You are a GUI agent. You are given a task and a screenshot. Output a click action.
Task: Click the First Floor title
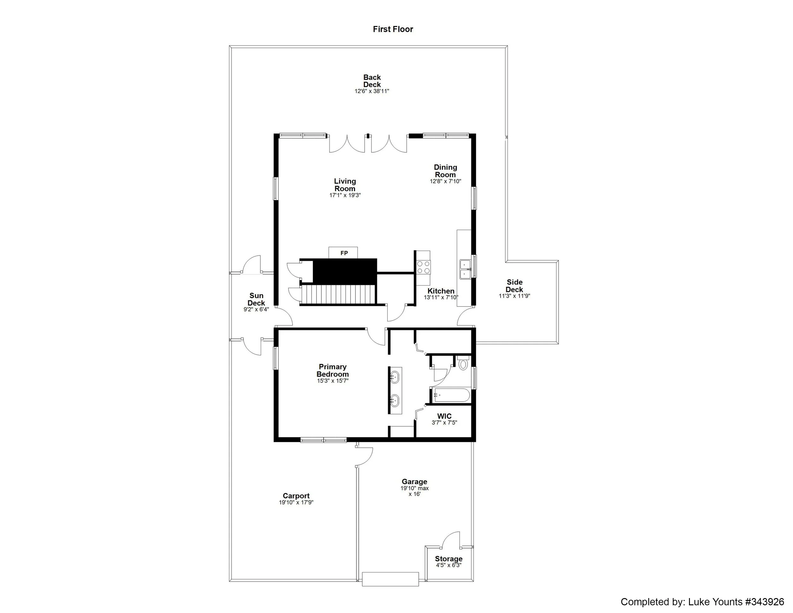tap(393, 30)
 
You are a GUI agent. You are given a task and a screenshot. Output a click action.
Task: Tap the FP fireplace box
tap(344, 253)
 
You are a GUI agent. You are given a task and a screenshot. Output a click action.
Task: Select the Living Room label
tap(344, 185)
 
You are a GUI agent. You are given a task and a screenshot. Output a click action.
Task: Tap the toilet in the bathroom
tap(463, 364)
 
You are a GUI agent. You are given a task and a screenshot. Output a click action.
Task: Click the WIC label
tap(444, 416)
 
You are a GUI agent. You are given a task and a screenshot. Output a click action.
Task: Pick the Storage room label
tap(449, 559)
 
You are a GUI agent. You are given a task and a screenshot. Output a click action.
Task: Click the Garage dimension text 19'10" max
tap(414, 488)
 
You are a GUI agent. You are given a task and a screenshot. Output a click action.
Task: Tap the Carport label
tap(296, 496)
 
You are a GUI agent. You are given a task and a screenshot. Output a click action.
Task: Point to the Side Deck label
tap(514, 286)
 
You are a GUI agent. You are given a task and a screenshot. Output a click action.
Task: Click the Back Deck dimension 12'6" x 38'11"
tap(372, 91)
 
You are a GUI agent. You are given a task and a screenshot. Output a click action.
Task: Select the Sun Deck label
tap(256, 299)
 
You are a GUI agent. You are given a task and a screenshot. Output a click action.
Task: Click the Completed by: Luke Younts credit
tap(702, 602)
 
